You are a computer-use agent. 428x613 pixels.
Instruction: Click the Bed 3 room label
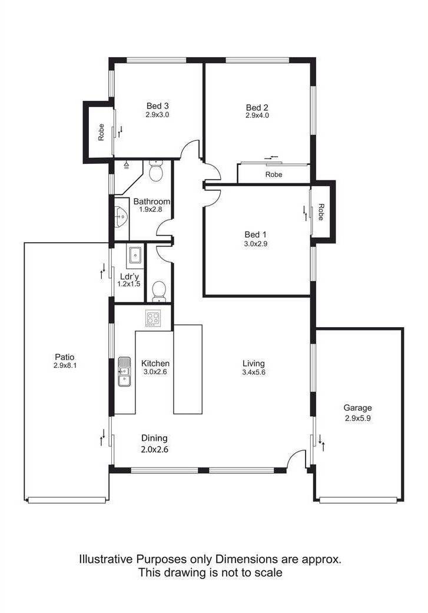point(157,106)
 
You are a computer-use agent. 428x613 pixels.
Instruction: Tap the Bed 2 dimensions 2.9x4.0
point(257,116)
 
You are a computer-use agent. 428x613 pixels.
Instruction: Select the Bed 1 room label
point(256,235)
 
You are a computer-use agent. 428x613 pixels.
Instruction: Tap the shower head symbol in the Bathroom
point(126,166)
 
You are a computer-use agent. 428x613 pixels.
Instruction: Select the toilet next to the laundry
point(158,292)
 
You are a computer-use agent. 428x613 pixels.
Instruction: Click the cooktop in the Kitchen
point(152,318)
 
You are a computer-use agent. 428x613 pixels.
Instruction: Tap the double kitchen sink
point(125,371)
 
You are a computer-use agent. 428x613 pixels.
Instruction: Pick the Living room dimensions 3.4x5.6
point(253,372)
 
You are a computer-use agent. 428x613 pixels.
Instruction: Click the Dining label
point(154,439)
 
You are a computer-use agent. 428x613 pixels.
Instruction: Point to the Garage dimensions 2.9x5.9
point(358,418)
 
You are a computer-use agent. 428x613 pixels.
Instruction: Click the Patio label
point(64,357)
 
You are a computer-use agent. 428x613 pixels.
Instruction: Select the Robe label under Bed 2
point(274,174)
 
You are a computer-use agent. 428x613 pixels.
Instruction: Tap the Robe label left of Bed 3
point(101,132)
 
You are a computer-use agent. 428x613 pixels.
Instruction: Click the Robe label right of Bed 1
point(321,212)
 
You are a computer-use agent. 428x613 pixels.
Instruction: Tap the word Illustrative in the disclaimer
point(106,559)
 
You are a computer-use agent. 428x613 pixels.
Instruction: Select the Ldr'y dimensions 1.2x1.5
point(129,284)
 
